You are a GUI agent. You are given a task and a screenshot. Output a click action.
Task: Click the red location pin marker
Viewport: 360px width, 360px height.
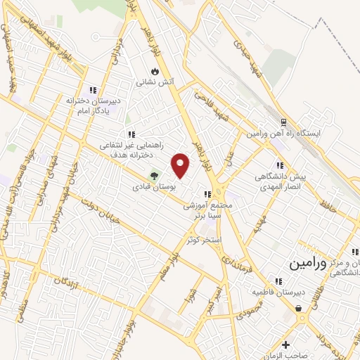pos(181,165)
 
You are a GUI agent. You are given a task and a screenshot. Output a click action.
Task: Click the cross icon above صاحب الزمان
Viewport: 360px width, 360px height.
pos(285,345)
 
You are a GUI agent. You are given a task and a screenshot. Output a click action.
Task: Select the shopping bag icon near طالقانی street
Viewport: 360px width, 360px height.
pos(298,308)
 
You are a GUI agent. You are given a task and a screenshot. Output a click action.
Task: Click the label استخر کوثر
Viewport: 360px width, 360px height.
pos(205,240)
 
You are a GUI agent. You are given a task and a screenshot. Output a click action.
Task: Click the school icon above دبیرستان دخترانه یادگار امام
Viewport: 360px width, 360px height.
pos(93,90)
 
